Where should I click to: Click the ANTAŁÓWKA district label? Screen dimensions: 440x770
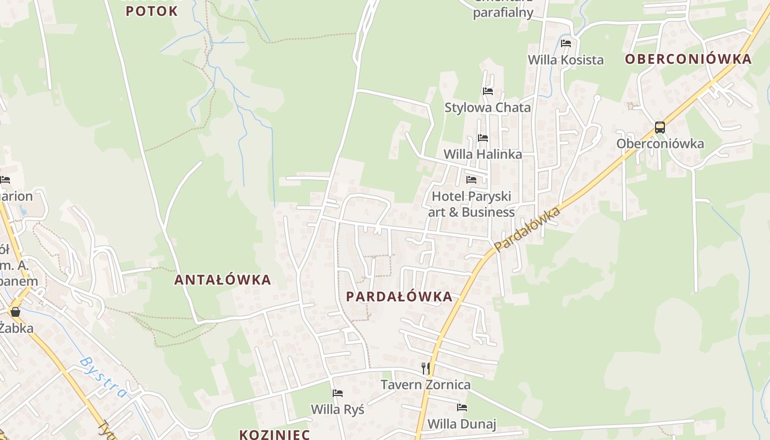[x=223, y=279]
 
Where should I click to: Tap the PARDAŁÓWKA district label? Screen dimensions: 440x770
[x=399, y=296]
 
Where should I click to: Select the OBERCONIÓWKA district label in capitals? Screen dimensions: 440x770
[x=688, y=59]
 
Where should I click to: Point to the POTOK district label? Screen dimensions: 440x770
[x=152, y=11]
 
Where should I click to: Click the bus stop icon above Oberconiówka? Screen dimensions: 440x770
[x=660, y=128]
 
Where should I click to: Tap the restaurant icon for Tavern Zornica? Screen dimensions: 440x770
[x=425, y=368]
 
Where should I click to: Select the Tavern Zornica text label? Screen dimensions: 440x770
[x=426, y=384]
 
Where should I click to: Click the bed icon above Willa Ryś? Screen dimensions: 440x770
[x=338, y=393]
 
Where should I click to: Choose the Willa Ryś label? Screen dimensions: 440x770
[x=338, y=409]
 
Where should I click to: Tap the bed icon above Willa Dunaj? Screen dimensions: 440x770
[x=462, y=408]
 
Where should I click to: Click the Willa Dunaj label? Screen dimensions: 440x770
[x=462, y=424]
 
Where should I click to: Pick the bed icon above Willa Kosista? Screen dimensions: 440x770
[x=566, y=43]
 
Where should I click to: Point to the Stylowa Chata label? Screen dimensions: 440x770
[x=488, y=107]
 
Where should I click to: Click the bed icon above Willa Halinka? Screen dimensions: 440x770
[x=483, y=137]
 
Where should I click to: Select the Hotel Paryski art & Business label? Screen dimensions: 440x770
[x=472, y=204]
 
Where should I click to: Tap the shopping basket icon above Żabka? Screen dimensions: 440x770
[x=15, y=312]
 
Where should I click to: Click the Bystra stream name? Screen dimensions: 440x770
[x=103, y=377]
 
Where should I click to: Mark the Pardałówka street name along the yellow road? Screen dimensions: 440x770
[x=527, y=229]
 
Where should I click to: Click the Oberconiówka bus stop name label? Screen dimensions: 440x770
[x=660, y=144]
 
